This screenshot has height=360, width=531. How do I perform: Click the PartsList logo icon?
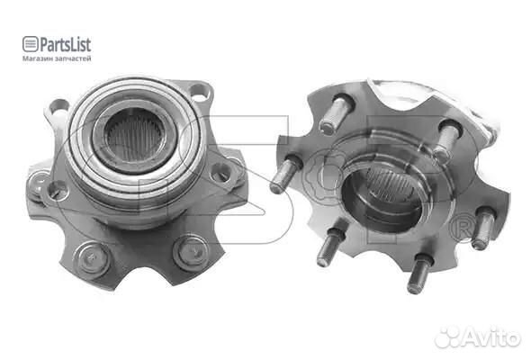pos(30,44)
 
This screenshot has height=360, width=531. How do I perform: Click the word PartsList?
pos(66,44)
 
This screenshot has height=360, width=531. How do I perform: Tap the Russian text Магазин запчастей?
pos(57,58)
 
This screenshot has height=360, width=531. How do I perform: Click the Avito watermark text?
pos(492,337)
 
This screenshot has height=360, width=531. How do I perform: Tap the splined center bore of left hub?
pos(135,139)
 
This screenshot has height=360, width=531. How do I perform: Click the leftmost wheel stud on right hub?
pos(285,174)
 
